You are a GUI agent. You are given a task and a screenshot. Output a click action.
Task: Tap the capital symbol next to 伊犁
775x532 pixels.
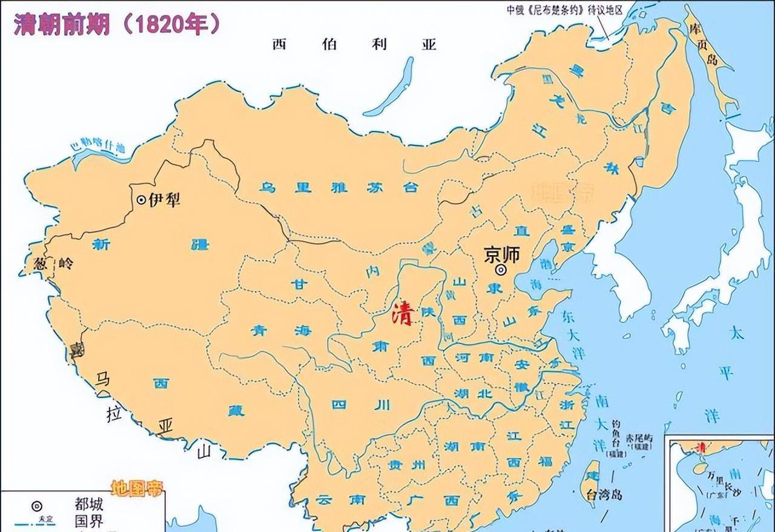pos(141,199)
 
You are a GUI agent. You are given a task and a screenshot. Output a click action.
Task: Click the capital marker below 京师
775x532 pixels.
pos(501,271)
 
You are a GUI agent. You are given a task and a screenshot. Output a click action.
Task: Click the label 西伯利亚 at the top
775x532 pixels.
pos(354,44)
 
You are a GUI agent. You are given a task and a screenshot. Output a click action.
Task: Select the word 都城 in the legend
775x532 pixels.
pos(89,504)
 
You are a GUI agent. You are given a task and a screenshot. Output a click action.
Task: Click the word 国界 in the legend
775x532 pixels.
pos(89,520)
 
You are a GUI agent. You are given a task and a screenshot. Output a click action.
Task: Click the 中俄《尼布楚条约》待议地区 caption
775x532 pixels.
pos(565,10)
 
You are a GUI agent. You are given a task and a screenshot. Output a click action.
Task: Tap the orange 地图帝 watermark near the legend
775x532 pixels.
pos(137,488)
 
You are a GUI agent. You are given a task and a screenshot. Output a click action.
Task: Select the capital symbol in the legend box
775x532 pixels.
pos(37,505)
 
